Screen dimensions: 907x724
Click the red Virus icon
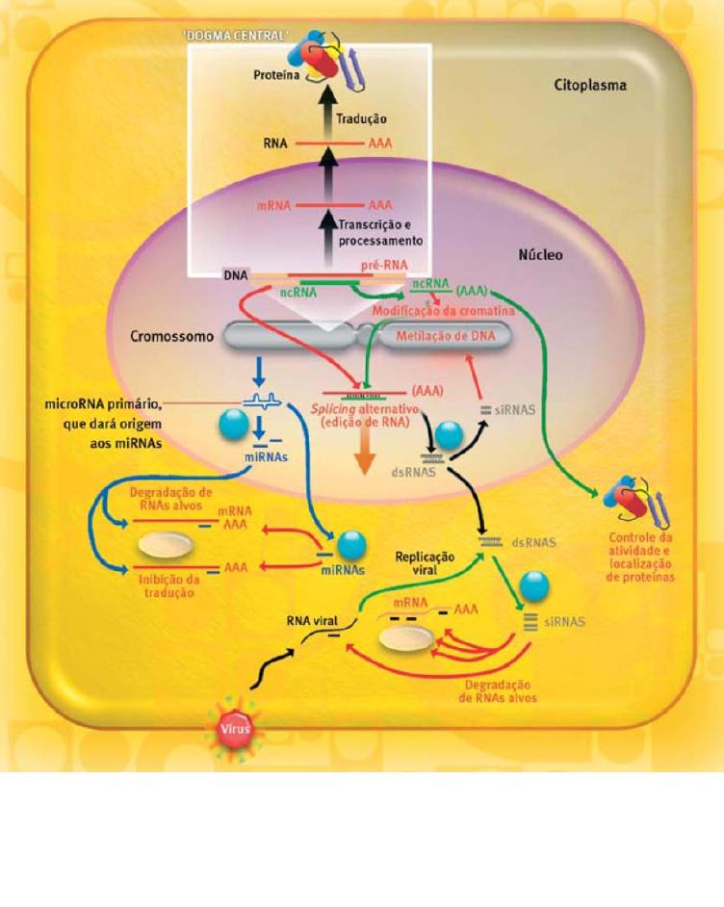(236, 729)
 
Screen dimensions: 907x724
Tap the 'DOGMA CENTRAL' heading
(233, 37)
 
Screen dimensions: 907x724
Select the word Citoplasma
(589, 85)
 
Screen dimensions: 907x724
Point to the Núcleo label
(540, 256)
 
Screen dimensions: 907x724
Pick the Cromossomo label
(173, 337)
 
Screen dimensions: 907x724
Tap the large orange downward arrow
(364, 455)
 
